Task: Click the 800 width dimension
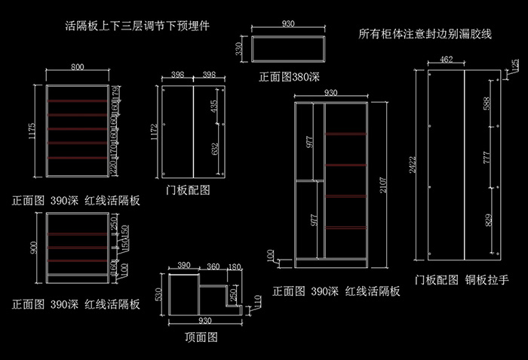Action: (x=78, y=67)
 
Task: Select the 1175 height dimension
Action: (x=32, y=132)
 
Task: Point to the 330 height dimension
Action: (x=239, y=49)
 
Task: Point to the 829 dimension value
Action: (x=486, y=221)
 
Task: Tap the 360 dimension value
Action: (x=213, y=266)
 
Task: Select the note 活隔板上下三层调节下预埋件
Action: (x=137, y=25)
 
